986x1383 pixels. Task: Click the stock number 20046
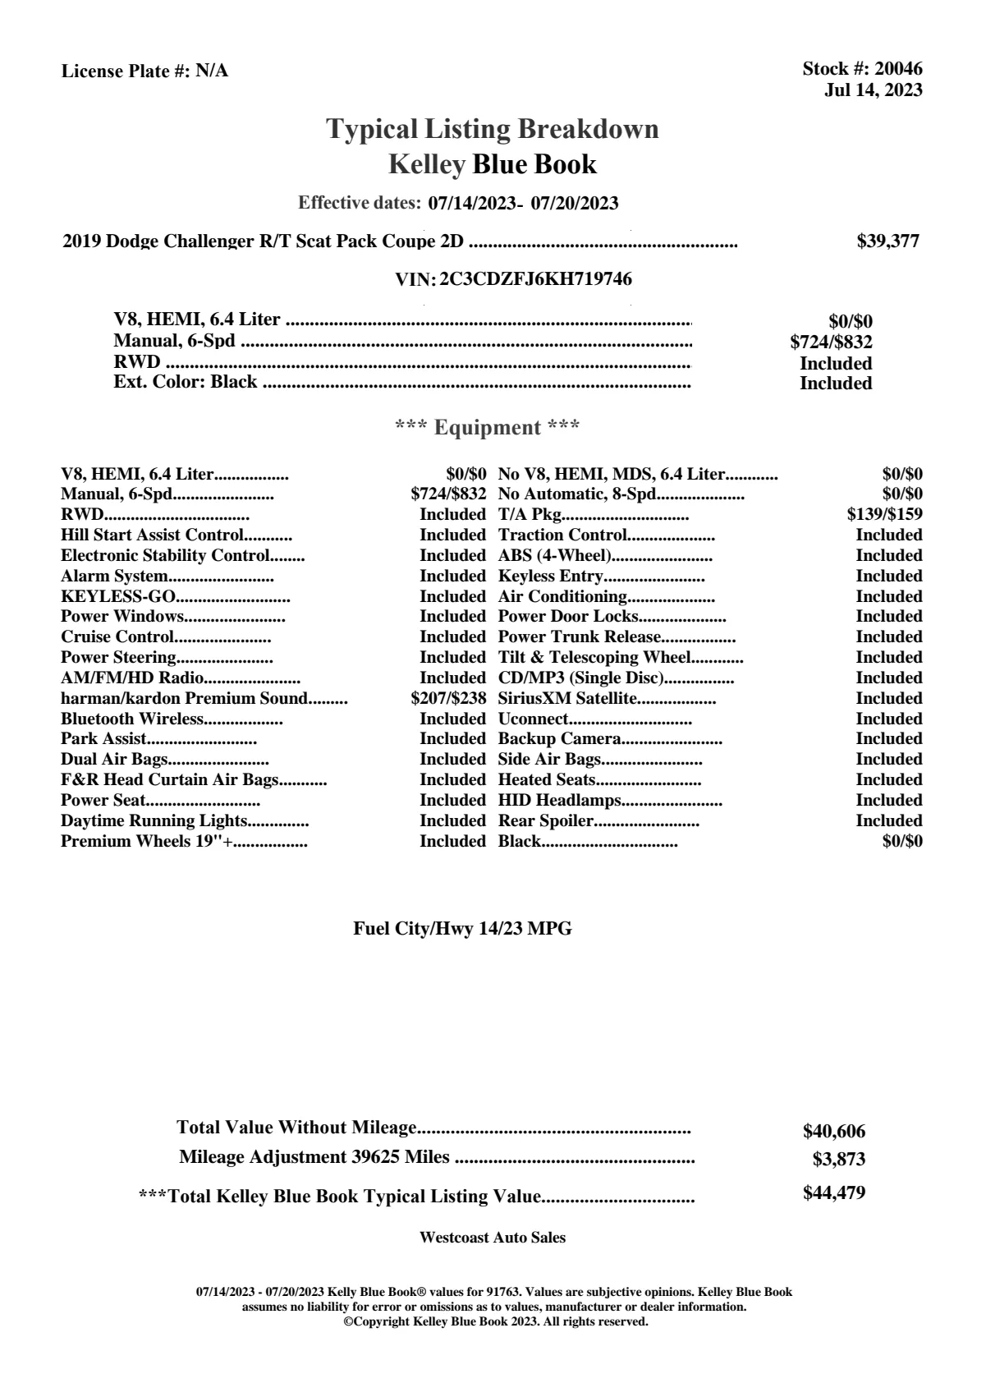click(898, 70)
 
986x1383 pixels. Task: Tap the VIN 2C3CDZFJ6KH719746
click(535, 279)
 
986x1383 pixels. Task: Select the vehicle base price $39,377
click(887, 241)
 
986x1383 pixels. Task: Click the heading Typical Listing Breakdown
click(493, 129)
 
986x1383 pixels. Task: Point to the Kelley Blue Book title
click(493, 164)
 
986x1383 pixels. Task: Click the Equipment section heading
click(488, 427)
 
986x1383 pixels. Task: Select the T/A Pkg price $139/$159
click(884, 514)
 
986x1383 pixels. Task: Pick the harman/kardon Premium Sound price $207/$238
click(448, 699)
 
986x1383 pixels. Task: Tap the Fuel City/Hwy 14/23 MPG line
click(462, 929)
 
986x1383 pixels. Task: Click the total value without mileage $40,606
click(833, 1132)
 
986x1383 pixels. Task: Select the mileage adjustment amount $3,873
click(838, 1160)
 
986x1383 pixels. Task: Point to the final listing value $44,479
click(833, 1193)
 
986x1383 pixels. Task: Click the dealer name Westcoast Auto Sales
click(492, 1238)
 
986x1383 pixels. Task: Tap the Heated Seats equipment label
click(546, 779)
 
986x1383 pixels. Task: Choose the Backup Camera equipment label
click(558, 739)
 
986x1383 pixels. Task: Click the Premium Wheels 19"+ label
click(146, 841)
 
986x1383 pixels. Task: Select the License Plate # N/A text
click(144, 71)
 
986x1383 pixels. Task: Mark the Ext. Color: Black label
click(185, 382)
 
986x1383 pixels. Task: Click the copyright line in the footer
click(495, 1322)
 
